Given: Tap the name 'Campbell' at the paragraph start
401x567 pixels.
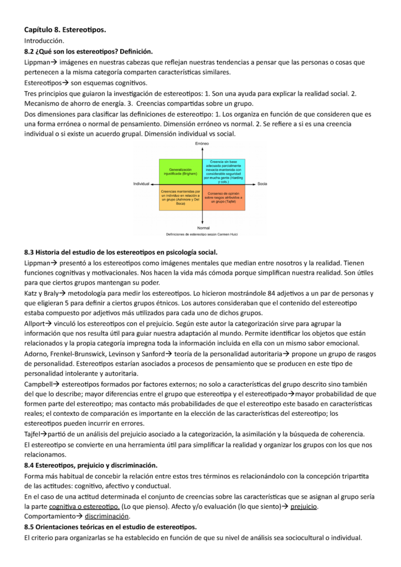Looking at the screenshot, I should coord(39,383).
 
